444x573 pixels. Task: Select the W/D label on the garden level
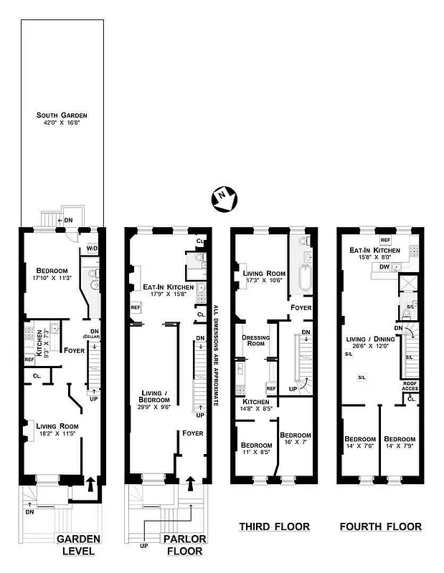[x=93, y=249]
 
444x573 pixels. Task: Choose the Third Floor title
[x=274, y=527]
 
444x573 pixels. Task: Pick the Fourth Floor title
[x=380, y=527]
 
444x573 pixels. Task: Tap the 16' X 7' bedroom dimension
[x=294, y=443]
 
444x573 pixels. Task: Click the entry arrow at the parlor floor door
[x=190, y=483]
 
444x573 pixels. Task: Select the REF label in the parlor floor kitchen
[x=135, y=307]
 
